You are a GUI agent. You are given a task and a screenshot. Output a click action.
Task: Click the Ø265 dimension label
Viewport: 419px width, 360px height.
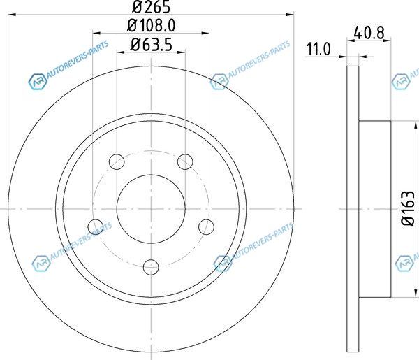pyautogui.click(x=151, y=7)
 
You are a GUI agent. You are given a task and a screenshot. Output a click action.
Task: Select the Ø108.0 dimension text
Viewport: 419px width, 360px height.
pyautogui.click(x=152, y=26)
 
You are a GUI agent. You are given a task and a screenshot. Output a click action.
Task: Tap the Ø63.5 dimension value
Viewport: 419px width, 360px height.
pyautogui.click(x=152, y=45)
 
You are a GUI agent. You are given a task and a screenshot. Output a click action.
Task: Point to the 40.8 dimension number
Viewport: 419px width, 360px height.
pyautogui.click(x=369, y=33)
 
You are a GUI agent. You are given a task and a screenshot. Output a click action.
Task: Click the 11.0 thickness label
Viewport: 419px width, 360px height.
pyautogui.click(x=318, y=49)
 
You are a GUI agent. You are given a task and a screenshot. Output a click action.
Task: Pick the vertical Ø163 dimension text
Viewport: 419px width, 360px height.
pyautogui.click(x=408, y=208)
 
